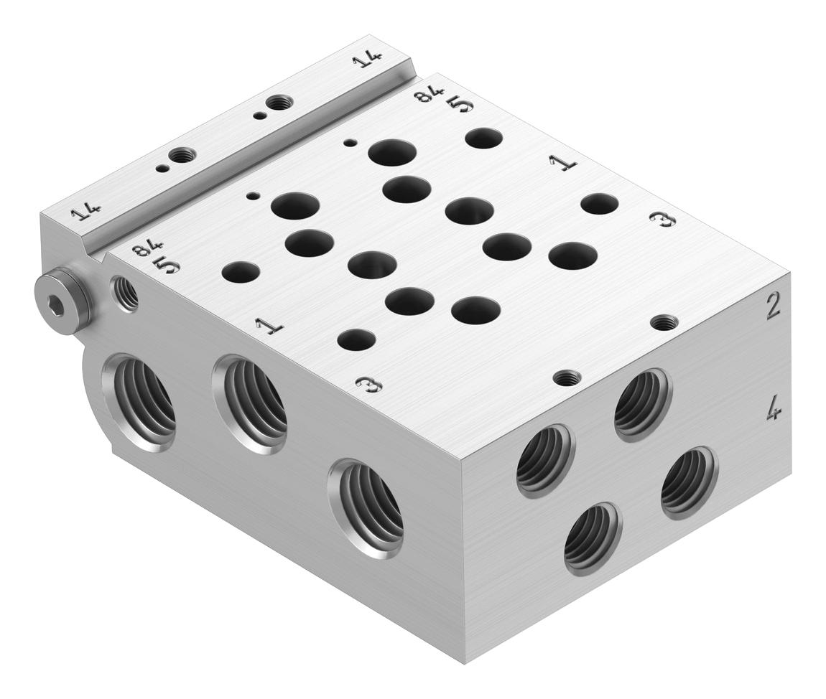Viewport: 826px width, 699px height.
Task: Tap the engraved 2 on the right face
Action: point(773,307)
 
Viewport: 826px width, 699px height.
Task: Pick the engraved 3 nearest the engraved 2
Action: point(662,220)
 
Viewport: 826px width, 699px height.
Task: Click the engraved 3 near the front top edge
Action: point(368,385)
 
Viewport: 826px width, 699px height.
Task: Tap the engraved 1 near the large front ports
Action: point(270,327)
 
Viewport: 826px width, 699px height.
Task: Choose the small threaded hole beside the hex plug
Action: point(125,293)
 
